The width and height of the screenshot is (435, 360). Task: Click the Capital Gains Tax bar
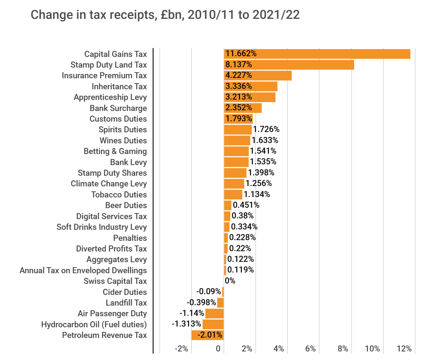pyautogui.click(x=317, y=54)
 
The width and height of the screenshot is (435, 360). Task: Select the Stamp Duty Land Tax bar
pyautogui.click(x=289, y=65)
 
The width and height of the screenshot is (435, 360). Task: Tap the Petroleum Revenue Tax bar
pyautogui.click(x=208, y=335)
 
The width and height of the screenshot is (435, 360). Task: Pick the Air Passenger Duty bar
pyautogui.click(x=215, y=313)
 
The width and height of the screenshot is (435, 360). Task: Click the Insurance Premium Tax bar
pyautogui.click(x=258, y=75)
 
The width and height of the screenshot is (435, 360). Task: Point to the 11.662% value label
pyautogui.click(x=241, y=54)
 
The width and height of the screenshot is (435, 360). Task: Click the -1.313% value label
pyautogui.click(x=187, y=324)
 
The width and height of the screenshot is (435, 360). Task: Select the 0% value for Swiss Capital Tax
pyautogui.click(x=230, y=281)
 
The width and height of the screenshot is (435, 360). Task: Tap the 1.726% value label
pyautogui.click(x=266, y=129)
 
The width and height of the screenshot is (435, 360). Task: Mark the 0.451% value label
pyautogui.click(x=246, y=205)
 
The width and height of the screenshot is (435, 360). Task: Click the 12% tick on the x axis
pyautogui.click(x=404, y=349)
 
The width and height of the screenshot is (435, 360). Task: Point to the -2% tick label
pyautogui.click(x=182, y=349)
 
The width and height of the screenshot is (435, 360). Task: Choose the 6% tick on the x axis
pyautogui.click(x=310, y=349)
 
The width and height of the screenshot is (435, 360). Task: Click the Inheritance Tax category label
pyautogui.click(x=119, y=86)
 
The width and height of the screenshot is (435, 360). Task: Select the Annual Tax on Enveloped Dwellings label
pyautogui.click(x=83, y=270)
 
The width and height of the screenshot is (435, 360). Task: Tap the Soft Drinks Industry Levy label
pyautogui.click(x=102, y=227)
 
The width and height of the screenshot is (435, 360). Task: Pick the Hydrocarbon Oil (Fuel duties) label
pyautogui.click(x=94, y=324)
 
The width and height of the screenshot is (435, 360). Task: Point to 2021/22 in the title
pyautogui.click(x=276, y=15)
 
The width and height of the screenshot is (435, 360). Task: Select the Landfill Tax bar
pyautogui.click(x=220, y=303)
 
